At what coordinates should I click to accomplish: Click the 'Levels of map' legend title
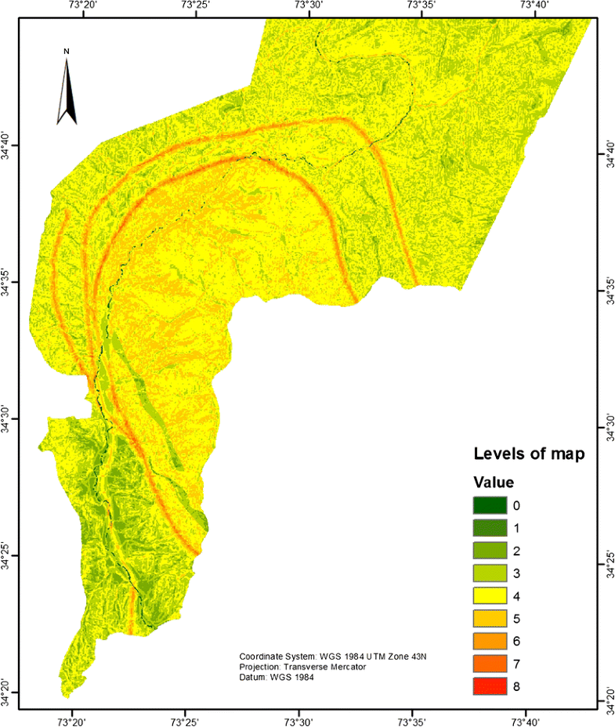pyautogui.click(x=528, y=454)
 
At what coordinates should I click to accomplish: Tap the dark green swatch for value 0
pyautogui.click(x=487, y=505)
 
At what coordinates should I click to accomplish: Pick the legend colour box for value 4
pyautogui.click(x=487, y=596)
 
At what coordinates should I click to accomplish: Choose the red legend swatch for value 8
pyautogui.click(x=487, y=687)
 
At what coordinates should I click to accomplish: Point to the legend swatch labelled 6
pyautogui.click(x=487, y=642)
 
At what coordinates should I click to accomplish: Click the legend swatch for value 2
pyautogui.click(x=487, y=551)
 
